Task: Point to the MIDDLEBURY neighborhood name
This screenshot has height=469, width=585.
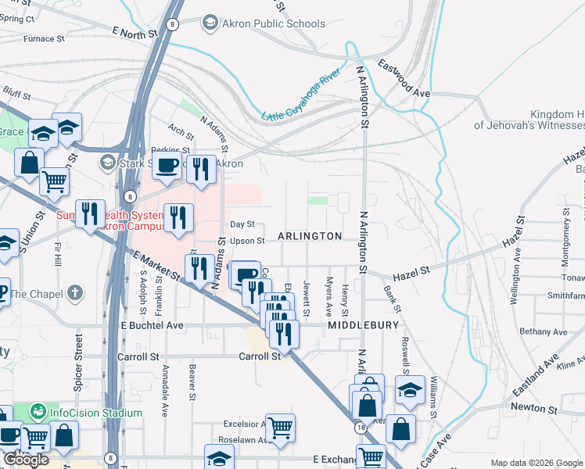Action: point(364,324)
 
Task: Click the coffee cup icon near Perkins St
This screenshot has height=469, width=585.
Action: point(167,166)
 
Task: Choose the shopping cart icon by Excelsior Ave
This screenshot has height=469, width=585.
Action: point(280,427)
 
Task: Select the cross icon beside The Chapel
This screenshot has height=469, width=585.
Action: point(74,293)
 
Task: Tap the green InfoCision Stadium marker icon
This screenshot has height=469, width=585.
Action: point(37,411)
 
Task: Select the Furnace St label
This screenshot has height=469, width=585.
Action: point(44,38)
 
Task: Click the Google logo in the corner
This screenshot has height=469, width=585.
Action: point(26,460)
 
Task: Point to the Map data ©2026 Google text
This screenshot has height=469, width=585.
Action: point(536,463)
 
